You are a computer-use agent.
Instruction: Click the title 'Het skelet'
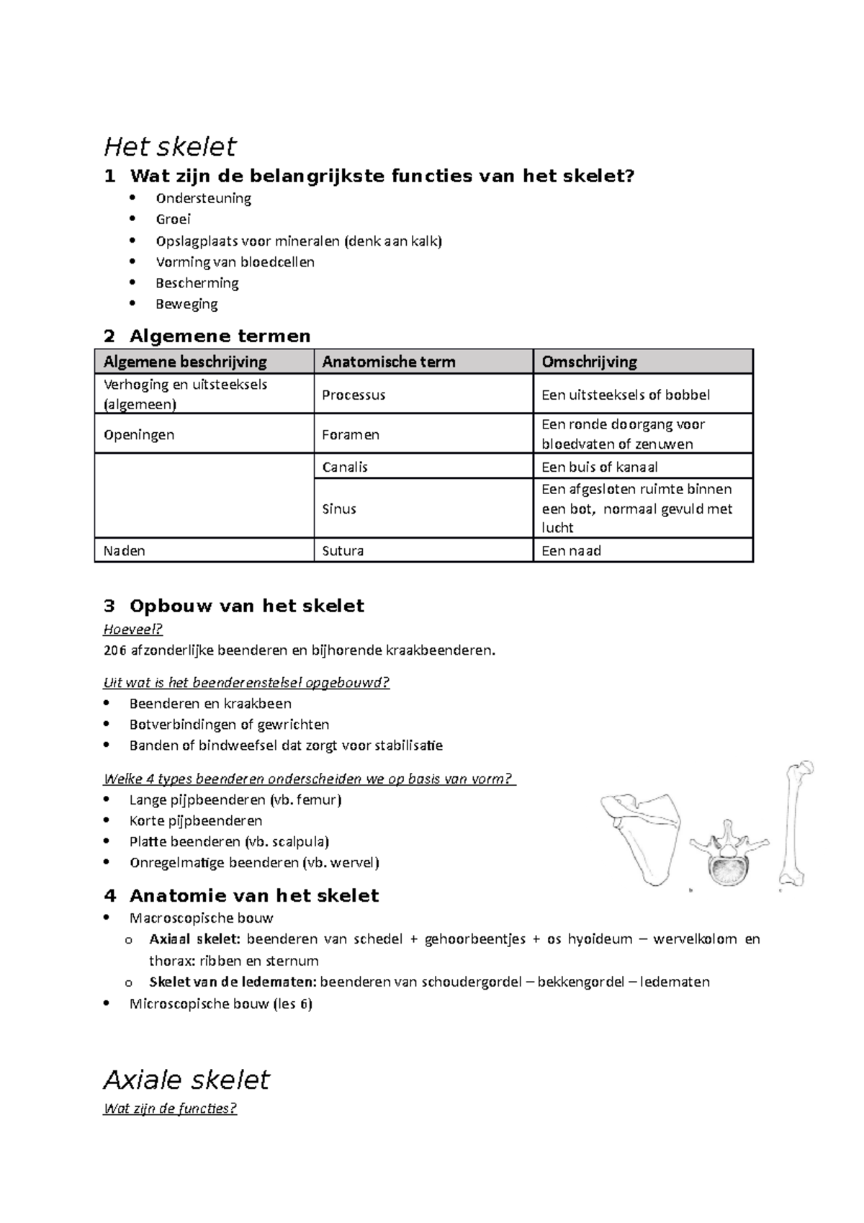170,147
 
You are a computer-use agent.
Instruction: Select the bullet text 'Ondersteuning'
203,198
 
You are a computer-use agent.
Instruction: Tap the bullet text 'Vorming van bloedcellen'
235,261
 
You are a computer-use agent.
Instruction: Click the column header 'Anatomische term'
388,362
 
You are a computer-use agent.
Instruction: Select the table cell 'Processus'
354,395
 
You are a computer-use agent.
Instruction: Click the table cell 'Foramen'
351,434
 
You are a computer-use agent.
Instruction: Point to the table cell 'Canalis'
345,467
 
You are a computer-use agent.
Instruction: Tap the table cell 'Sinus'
339,509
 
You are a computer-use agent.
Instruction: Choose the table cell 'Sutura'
343,551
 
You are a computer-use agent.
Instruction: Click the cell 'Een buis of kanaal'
599,467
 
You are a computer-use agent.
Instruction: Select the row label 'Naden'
124,551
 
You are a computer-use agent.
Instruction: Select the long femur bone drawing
795,821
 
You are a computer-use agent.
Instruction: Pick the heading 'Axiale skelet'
186,1080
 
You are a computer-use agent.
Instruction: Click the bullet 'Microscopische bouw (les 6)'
220,1003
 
